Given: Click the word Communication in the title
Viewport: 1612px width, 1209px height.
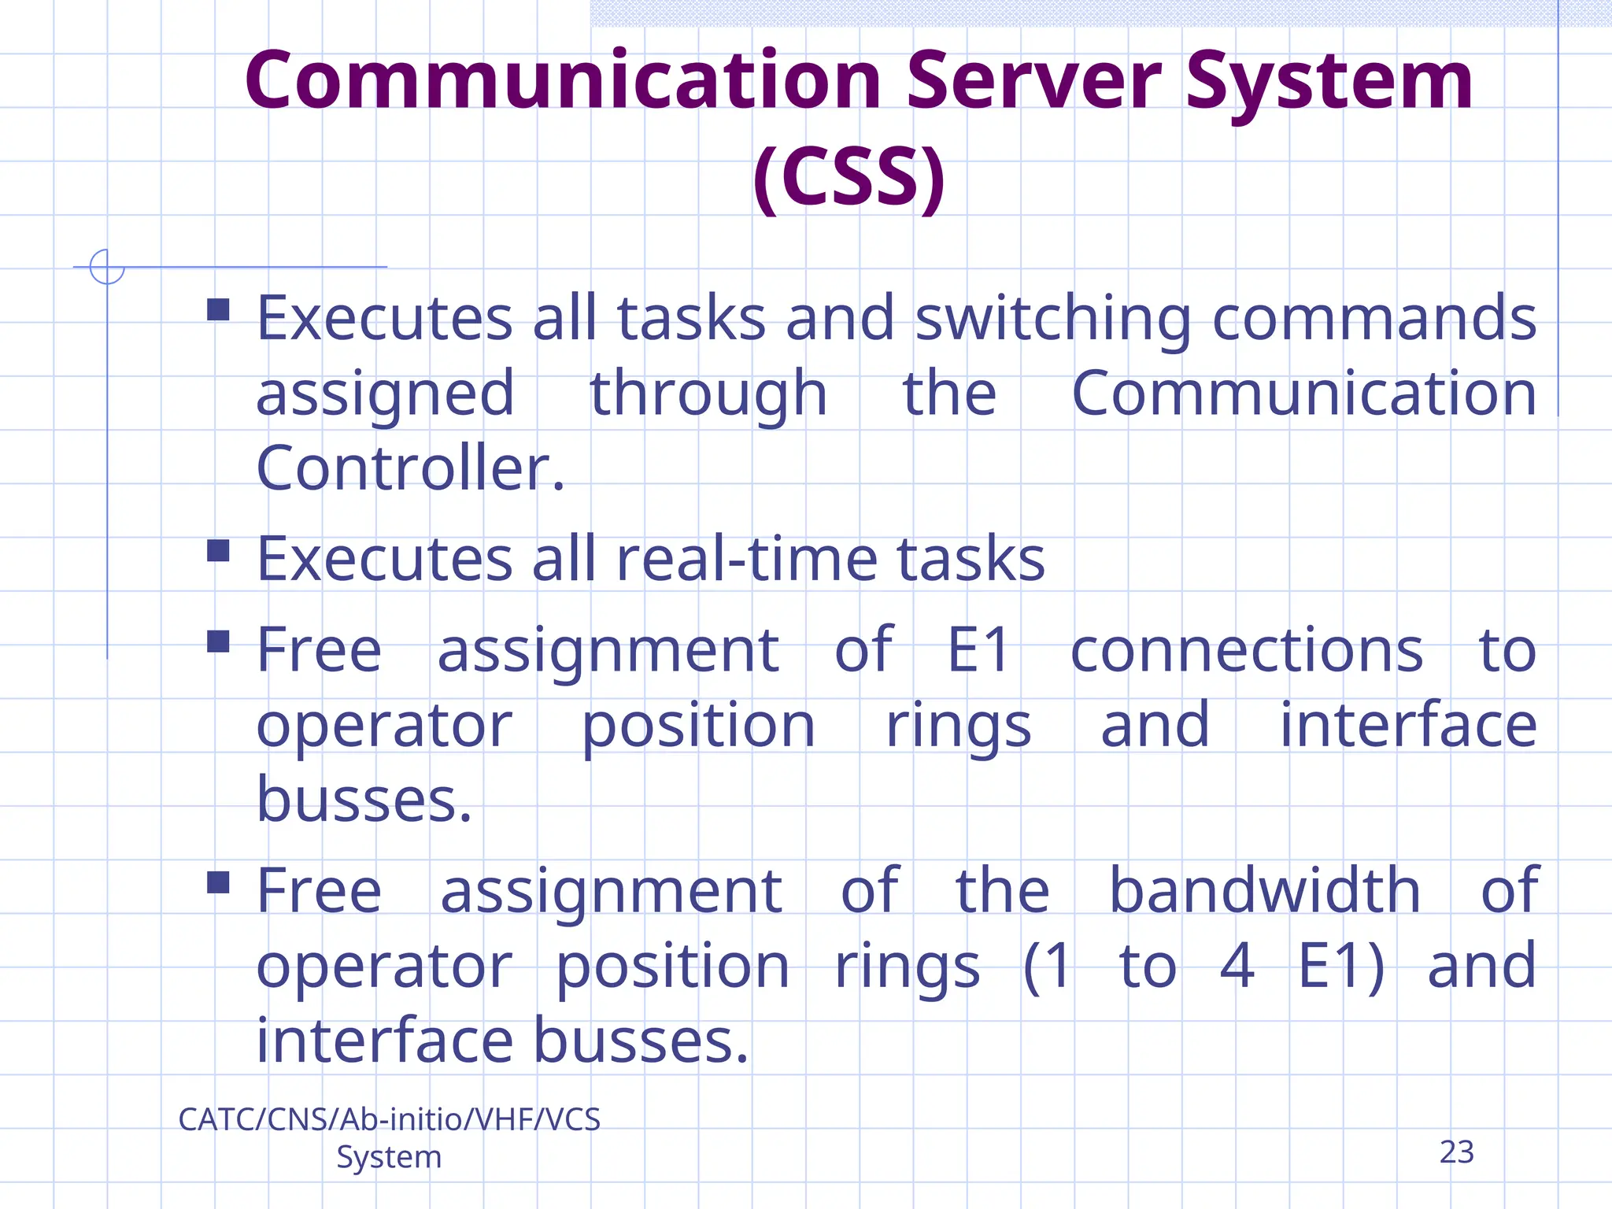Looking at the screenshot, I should pyautogui.click(x=562, y=81).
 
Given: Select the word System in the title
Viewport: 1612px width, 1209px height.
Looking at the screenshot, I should pyautogui.click(x=1329, y=81).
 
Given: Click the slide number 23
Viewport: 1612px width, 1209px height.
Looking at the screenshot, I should pyautogui.click(x=1456, y=1152).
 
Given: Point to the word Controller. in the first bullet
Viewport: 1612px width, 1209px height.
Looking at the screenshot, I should pyautogui.click(x=410, y=468).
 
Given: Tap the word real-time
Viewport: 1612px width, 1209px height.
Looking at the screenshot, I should pyautogui.click(x=745, y=560).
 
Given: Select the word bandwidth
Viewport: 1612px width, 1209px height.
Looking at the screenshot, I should pyautogui.click(x=1265, y=891).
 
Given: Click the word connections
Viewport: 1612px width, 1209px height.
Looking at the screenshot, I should pyautogui.click(x=1247, y=651).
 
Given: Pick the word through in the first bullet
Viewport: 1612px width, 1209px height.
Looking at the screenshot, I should pyautogui.click(x=708, y=394).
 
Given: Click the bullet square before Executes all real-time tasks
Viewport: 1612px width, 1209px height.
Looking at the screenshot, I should pyautogui.click(x=218, y=550).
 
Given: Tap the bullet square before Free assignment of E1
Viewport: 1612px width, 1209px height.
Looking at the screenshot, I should pyautogui.click(x=218, y=641).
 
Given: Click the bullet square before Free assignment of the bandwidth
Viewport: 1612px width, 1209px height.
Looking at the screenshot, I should pyautogui.click(x=218, y=882).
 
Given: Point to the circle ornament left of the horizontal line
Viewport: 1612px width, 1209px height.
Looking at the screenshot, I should pyautogui.click(x=107, y=267).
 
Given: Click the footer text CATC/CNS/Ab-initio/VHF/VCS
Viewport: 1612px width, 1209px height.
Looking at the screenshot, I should pyautogui.click(x=389, y=1119).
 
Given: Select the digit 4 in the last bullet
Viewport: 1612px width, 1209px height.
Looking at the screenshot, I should pyautogui.click(x=1237, y=966).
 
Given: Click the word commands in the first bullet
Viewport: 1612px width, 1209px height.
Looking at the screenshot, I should pyautogui.click(x=1374, y=319).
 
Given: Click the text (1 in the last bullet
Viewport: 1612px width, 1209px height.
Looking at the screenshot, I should pyautogui.click(x=1048, y=966).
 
